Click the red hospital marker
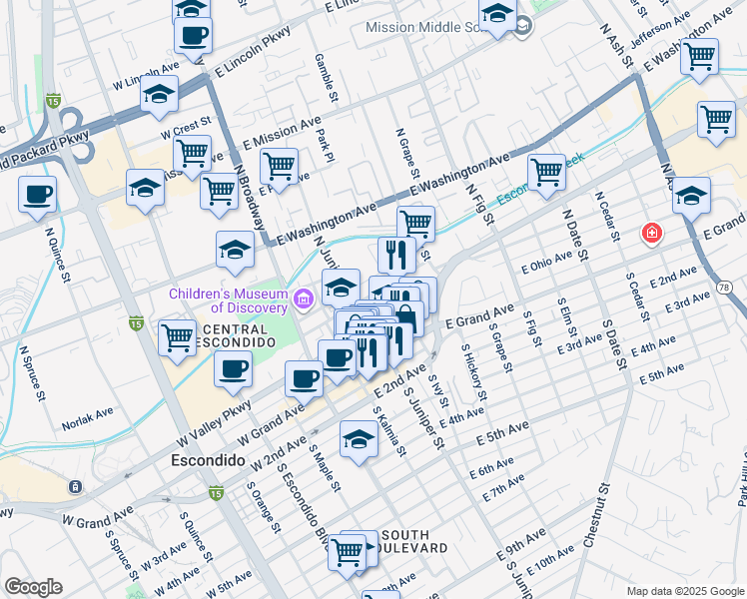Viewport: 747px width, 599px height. [x=651, y=233]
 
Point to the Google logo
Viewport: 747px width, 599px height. [x=33, y=587]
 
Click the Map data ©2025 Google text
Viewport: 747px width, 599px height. [x=684, y=591]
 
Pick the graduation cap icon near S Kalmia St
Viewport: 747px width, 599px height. [x=359, y=439]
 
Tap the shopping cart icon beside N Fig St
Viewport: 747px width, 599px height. [x=546, y=172]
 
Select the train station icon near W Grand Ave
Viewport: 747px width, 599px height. [x=74, y=486]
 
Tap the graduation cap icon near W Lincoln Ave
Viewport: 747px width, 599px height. [x=159, y=94]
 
